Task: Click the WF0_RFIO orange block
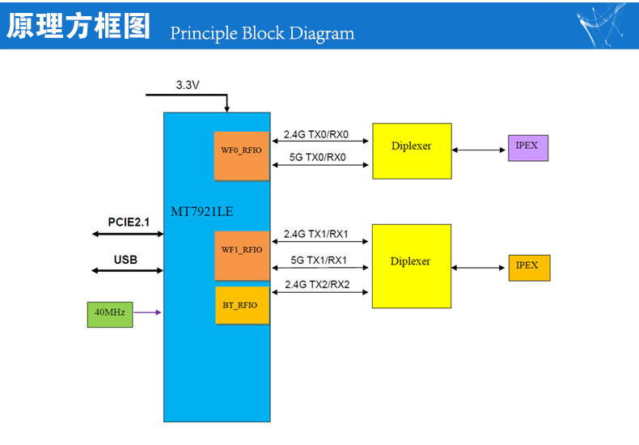[x=242, y=155]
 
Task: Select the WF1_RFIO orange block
[x=242, y=256]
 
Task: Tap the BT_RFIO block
[x=242, y=305]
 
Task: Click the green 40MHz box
[x=110, y=314]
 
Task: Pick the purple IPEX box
[x=528, y=148]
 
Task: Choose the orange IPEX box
[x=529, y=268]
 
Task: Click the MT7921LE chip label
[x=201, y=211]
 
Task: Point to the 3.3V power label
[x=188, y=85]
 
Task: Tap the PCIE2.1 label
[x=129, y=222]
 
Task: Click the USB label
[x=125, y=260]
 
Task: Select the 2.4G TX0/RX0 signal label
[x=316, y=134]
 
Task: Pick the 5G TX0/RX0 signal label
[x=317, y=157]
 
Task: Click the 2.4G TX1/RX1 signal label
[x=315, y=234]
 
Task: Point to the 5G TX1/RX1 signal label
[x=319, y=260]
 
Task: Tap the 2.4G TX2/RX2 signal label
[x=317, y=285]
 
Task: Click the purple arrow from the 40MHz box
[x=147, y=312]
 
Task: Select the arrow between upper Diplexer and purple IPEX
[x=478, y=150]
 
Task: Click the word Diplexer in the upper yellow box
[x=411, y=146]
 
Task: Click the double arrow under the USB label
[x=127, y=270]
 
